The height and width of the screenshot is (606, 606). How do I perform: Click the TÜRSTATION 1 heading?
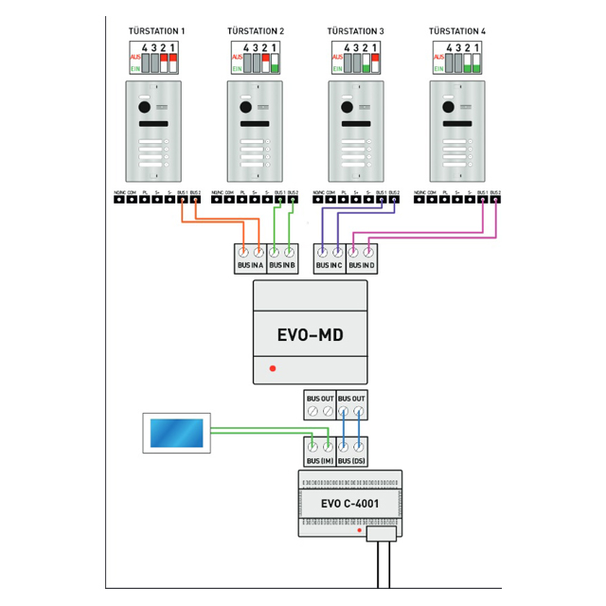(x=156, y=31)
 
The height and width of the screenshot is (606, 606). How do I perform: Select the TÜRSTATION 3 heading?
(x=356, y=31)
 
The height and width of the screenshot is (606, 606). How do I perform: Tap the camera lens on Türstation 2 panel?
(x=246, y=107)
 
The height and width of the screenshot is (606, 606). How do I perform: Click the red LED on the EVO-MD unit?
(x=272, y=366)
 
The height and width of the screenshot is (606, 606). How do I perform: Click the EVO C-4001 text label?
(x=349, y=504)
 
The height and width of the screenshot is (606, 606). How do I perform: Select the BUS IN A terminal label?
(x=250, y=267)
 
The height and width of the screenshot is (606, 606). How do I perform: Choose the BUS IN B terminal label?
(x=282, y=267)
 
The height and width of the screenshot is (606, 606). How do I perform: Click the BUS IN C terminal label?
(x=330, y=267)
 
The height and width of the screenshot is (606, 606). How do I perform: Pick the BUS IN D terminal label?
(x=362, y=267)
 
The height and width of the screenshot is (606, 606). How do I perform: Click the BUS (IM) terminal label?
(x=319, y=460)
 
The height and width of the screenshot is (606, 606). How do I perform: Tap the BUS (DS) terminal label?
(x=352, y=460)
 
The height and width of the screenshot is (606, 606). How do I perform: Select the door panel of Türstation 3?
(x=356, y=132)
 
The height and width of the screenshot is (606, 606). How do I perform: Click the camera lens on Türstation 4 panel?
(x=449, y=107)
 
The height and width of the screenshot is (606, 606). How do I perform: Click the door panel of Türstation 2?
(x=255, y=132)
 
